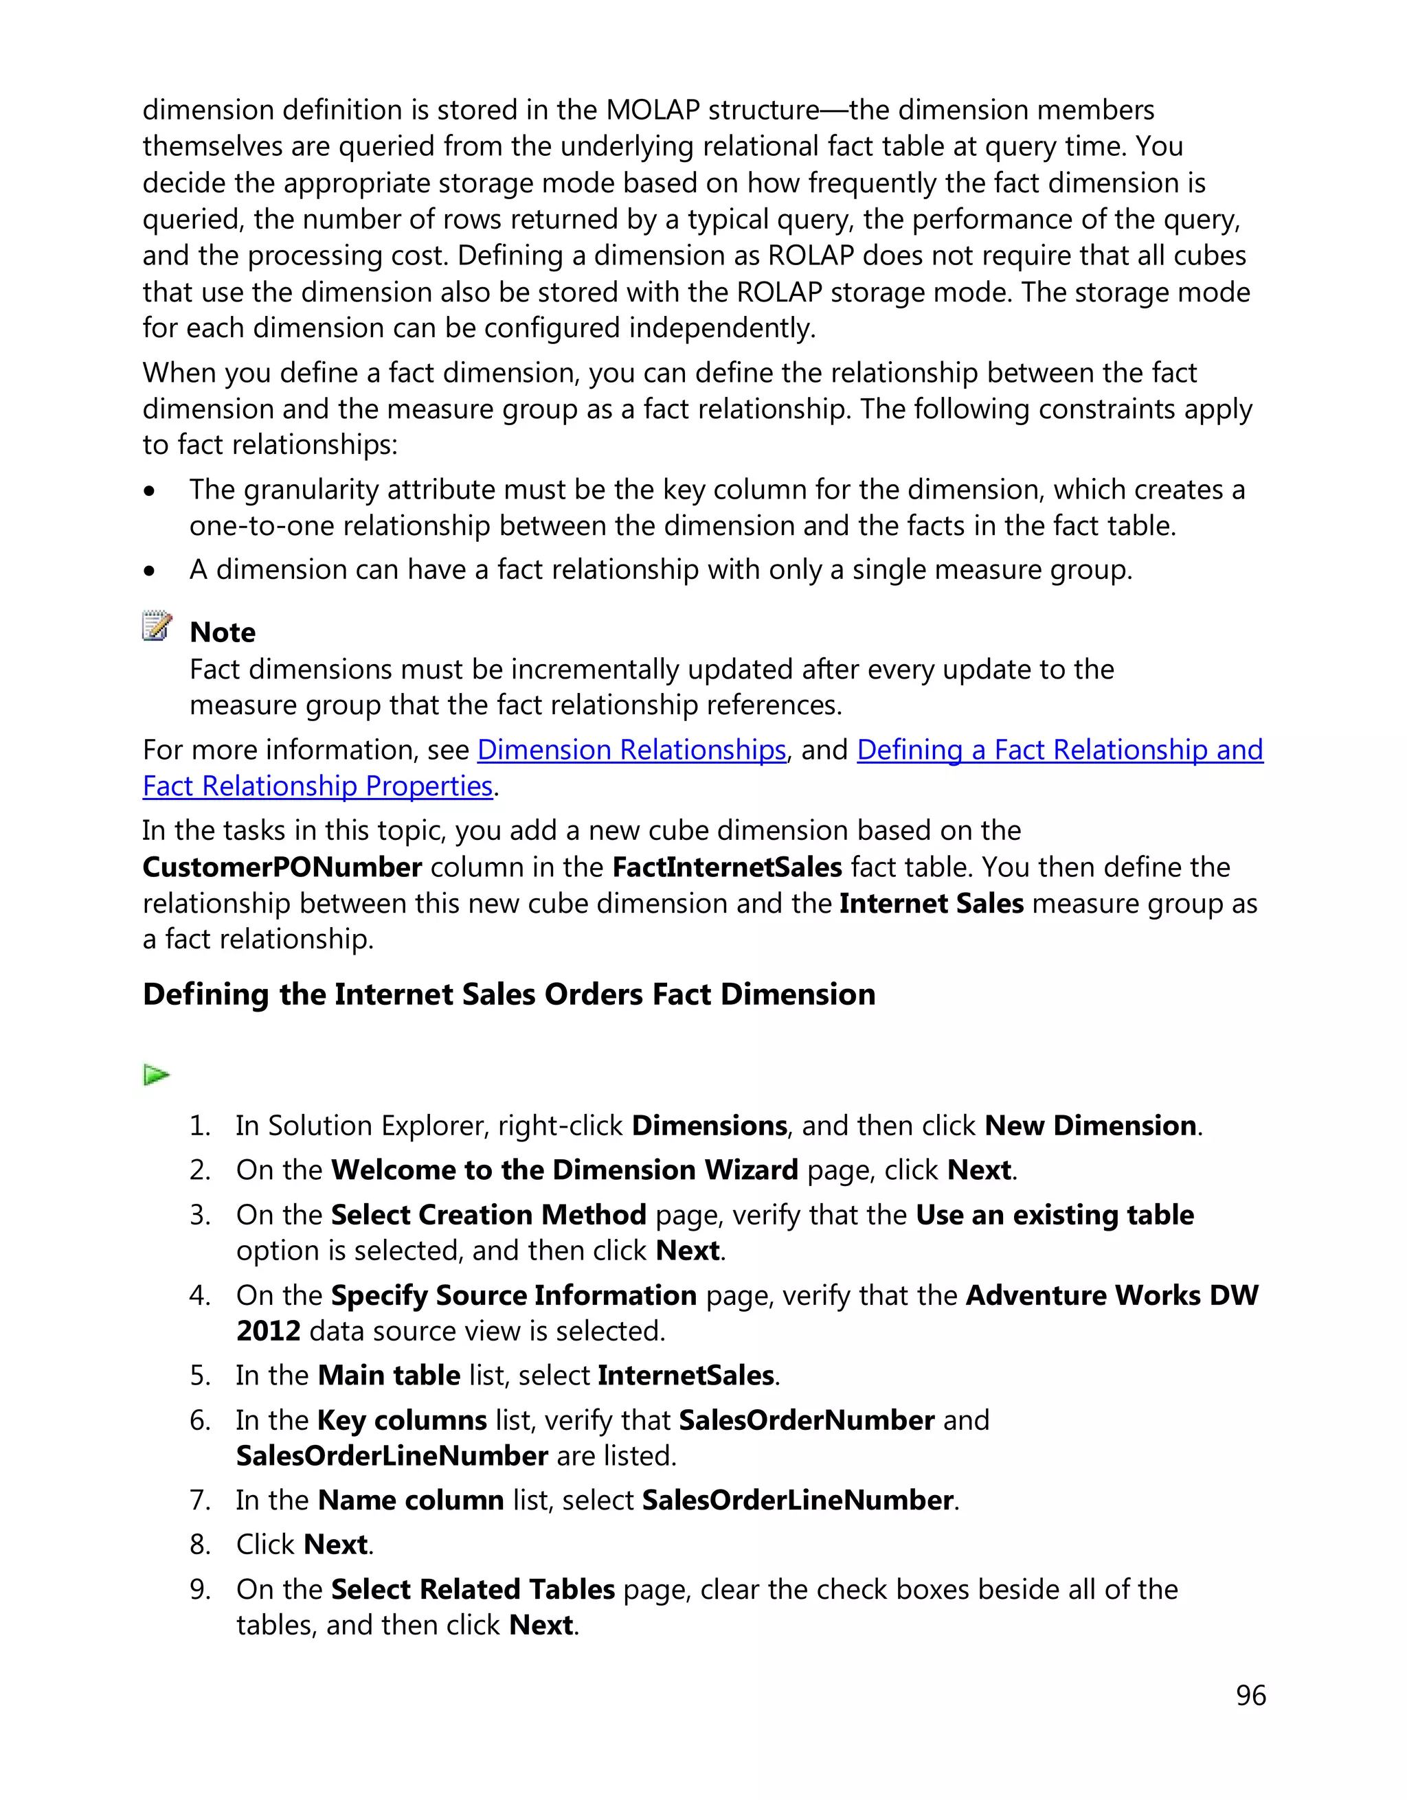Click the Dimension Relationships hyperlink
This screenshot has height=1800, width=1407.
click(631, 750)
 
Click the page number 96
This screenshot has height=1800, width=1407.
click(1250, 1696)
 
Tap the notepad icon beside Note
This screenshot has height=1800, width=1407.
click(157, 626)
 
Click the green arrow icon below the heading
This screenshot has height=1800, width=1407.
click(156, 1075)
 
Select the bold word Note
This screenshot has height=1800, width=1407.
click(223, 632)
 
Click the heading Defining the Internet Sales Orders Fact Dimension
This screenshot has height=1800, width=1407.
click(508, 994)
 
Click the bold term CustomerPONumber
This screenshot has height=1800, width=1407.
click(282, 867)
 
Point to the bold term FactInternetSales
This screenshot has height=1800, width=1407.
click(726, 867)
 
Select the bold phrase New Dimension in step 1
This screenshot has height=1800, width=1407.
click(1090, 1126)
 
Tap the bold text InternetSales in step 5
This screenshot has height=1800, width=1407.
click(686, 1376)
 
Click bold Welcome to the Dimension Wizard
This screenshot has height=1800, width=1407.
click(565, 1170)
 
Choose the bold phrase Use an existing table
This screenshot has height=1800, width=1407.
click(1055, 1215)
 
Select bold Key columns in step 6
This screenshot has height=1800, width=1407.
click(402, 1420)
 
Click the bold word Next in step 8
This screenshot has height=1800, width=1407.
click(335, 1545)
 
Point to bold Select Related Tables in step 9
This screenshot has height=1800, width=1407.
click(473, 1589)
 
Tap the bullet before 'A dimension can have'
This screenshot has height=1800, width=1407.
click(149, 570)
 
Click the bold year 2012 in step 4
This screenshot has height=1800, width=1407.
click(269, 1331)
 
